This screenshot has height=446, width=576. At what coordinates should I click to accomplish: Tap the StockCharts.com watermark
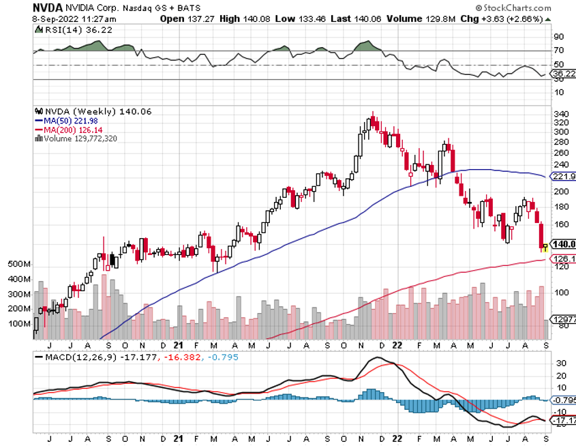coord(526,8)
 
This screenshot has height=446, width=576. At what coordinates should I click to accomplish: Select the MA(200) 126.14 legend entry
coord(69,129)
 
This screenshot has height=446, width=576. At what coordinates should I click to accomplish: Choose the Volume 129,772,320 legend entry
coord(76,138)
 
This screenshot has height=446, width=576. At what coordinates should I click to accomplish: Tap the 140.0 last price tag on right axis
coord(563,244)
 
